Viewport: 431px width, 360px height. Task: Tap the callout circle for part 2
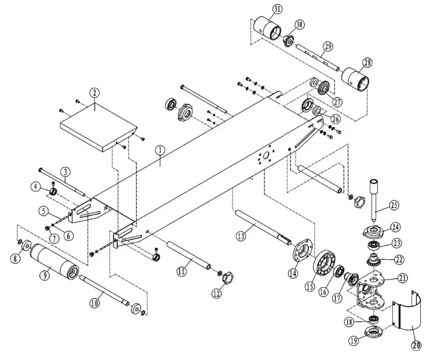click(x=95, y=93)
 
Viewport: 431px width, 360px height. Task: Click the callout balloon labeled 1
click(x=159, y=148)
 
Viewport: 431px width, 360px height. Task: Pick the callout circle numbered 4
click(x=36, y=187)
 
